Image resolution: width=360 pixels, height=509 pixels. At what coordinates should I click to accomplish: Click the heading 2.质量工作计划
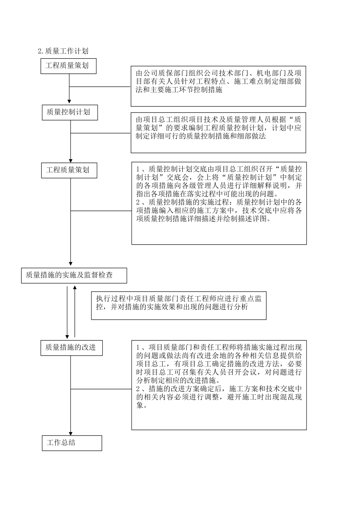[x=63, y=51]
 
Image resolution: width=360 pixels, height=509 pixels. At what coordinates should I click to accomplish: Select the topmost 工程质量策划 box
[x=69, y=66]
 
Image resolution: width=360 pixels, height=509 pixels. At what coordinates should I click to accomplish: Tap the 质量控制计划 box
[x=69, y=112]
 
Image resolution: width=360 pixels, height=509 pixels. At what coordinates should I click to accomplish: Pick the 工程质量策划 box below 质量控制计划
[x=69, y=170]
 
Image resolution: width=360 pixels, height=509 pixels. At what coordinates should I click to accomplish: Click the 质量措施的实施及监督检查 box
[x=74, y=275]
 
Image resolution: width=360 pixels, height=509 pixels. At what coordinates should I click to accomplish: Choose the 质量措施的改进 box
[x=71, y=347]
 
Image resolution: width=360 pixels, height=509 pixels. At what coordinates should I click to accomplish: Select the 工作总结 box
[x=72, y=443]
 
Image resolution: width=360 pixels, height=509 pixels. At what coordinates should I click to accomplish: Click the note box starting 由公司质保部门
[x=218, y=87]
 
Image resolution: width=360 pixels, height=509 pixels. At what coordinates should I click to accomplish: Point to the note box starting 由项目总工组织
[x=218, y=133]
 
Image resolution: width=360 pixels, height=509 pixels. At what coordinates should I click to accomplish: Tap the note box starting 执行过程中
[x=178, y=305]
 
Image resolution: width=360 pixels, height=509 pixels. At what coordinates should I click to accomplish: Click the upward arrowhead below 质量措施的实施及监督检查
[x=75, y=288]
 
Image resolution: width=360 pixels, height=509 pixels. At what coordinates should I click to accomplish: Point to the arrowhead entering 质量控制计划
[x=69, y=101]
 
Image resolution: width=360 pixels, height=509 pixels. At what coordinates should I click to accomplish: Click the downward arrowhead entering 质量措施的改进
[x=67, y=336]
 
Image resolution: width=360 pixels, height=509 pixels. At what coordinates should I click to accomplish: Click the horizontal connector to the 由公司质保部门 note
[x=100, y=87]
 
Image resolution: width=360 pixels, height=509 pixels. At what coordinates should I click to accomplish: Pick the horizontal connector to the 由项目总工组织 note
[x=101, y=133]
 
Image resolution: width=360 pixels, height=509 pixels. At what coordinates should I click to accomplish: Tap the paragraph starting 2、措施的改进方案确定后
[x=219, y=397]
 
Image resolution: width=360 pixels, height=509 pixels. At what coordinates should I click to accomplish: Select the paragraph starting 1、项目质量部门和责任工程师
[x=219, y=364]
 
